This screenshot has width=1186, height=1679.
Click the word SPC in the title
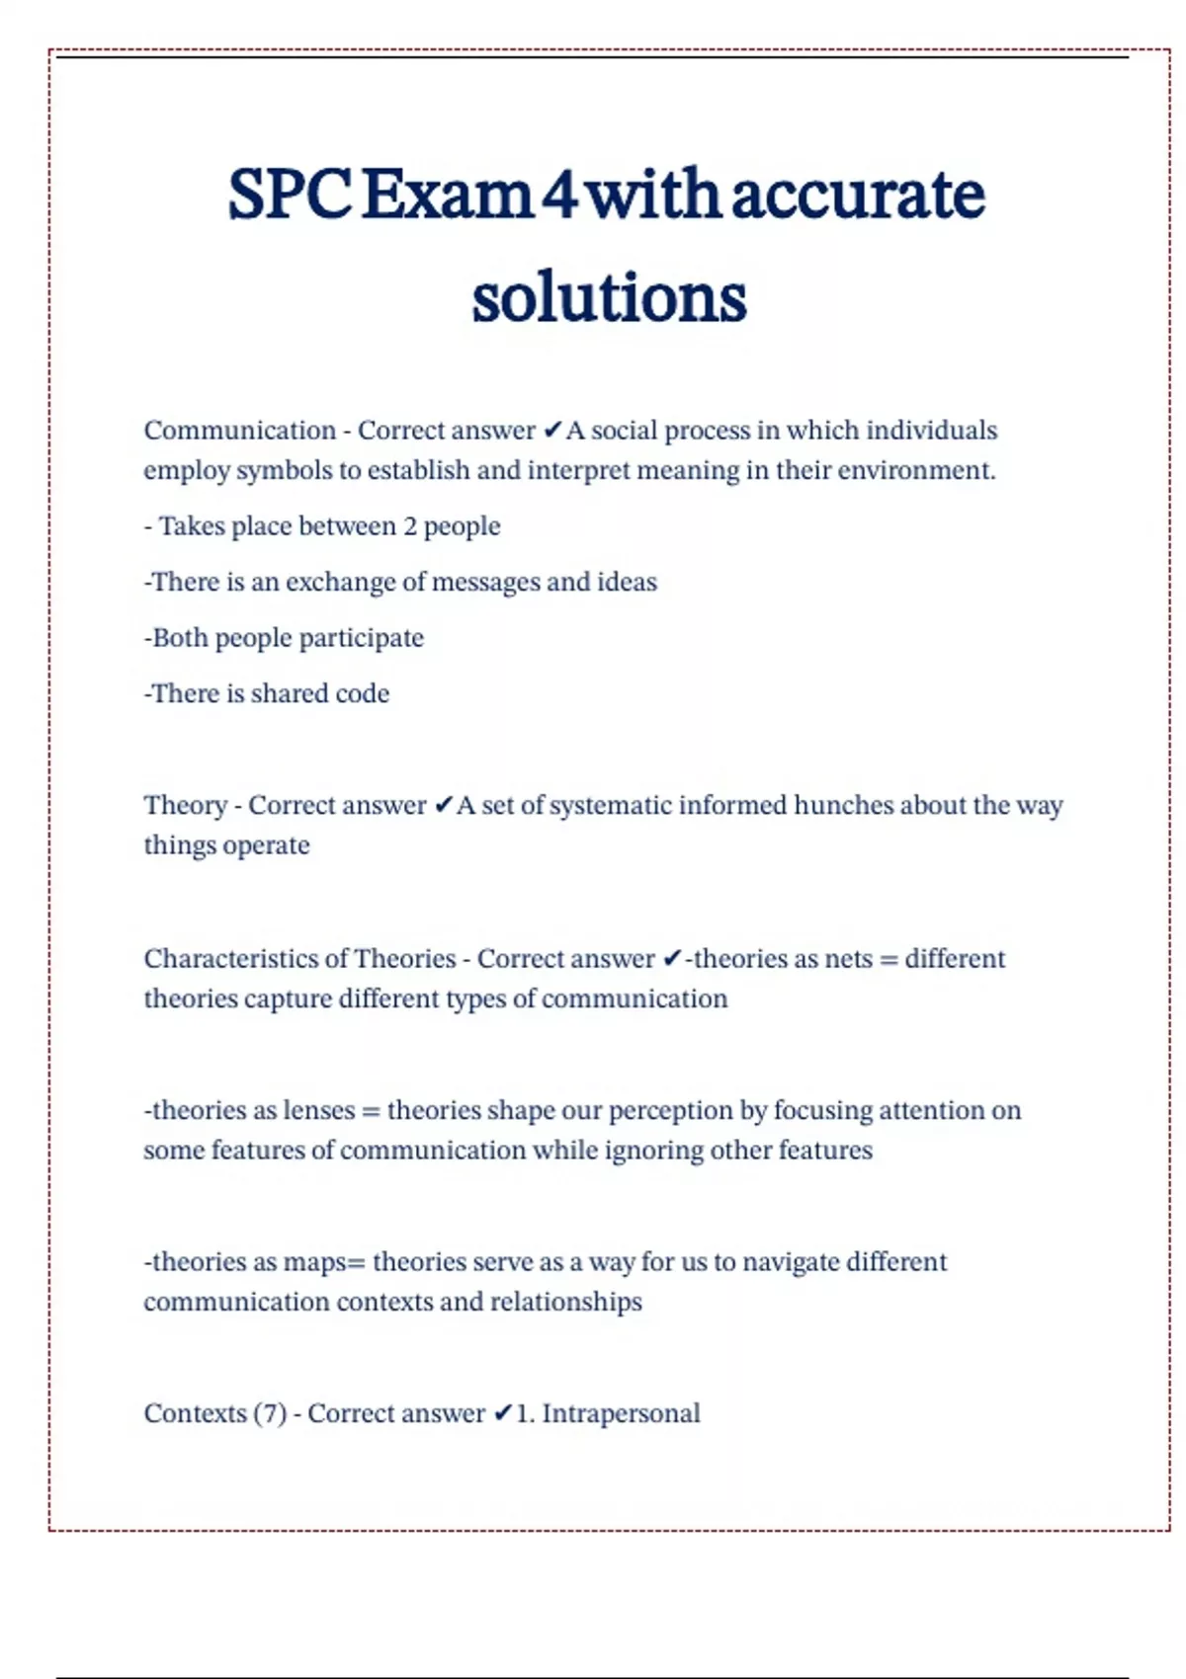[289, 195]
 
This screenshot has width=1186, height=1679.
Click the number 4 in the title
[559, 195]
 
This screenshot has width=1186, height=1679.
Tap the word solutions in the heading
[609, 297]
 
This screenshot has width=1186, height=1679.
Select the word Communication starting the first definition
[240, 431]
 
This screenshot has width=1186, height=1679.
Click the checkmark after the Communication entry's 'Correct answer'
[552, 431]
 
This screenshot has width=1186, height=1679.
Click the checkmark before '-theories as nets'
[672, 959]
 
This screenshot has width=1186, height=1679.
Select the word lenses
[318, 1111]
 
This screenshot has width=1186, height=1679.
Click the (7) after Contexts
[270, 1413]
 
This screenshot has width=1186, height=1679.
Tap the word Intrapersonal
[621, 1413]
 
